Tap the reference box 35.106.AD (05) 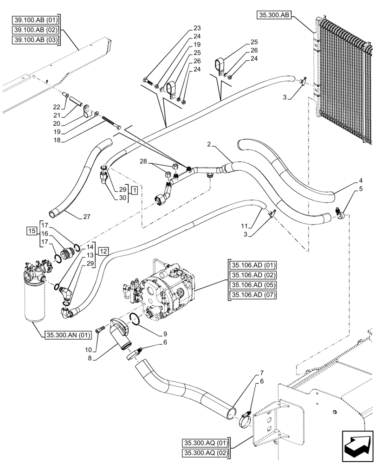pos(252,285)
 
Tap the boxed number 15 pos(32,231)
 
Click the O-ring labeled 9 pos(135,319)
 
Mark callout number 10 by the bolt pos(94,348)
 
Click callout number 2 pos(210,145)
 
